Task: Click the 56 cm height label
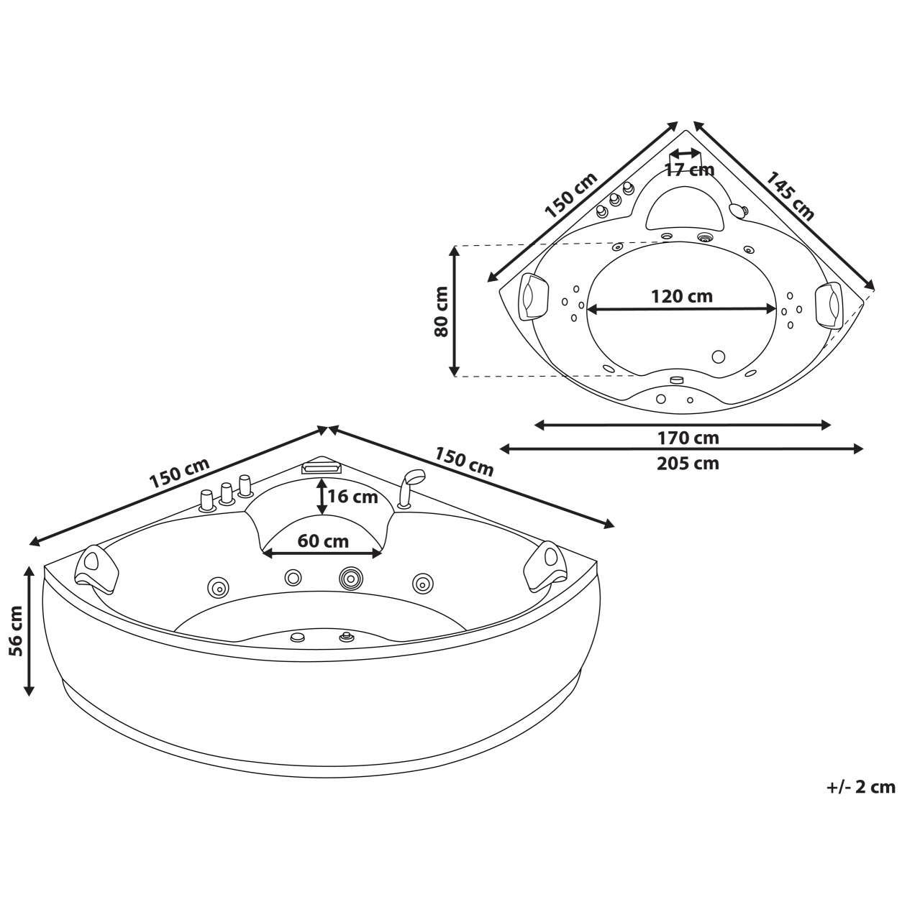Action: (14, 630)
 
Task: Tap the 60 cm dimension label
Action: (323, 540)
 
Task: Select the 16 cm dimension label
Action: (352, 497)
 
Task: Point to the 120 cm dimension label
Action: (681, 296)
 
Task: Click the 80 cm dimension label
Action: (441, 311)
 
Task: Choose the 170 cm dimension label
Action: (688, 438)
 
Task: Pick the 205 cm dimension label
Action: (688, 463)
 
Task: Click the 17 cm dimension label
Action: (688, 170)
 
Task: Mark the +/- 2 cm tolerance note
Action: (861, 787)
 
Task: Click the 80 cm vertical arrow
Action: (455, 310)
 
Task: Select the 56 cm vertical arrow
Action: (29, 630)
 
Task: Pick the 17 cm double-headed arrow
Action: (684, 153)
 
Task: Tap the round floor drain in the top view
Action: (718, 356)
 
